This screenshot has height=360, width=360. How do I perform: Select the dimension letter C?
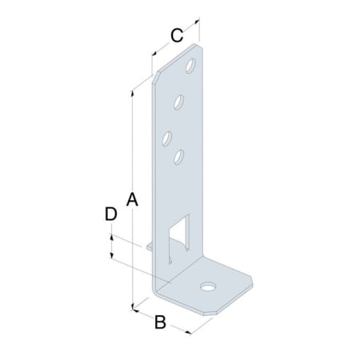coord(178,34)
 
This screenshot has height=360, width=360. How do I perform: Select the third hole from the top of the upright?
coord(168,138)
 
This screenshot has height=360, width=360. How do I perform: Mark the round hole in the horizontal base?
coord(209,285)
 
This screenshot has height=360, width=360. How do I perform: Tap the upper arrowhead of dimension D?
coord(112,238)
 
